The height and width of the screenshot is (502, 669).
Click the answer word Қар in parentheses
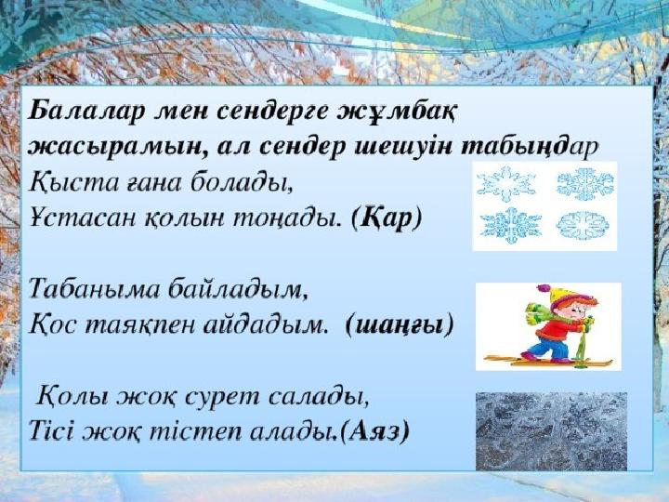pyautogui.click(x=387, y=219)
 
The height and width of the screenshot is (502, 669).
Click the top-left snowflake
pyautogui.click(x=505, y=183)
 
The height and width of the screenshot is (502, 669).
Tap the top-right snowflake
pyautogui.click(x=585, y=183)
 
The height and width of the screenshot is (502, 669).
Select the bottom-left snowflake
pyautogui.click(x=511, y=225)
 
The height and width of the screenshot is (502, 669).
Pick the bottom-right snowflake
pyautogui.click(x=583, y=225)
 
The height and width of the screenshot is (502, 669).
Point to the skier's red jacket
pyautogui.click(x=559, y=329)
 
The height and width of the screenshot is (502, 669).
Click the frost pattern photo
pyautogui.click(x=551, y=431)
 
